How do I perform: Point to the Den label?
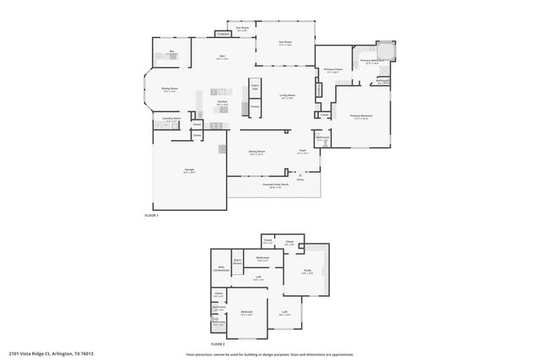tap(222, 58)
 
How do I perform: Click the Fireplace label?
tap(224, 35)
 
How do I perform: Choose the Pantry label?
tap(254, 106)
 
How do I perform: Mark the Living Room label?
tap(287, 96)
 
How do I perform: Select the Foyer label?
tap(302, 152)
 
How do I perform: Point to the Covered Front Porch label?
tap(274, 184)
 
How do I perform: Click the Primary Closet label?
tap(332, 70)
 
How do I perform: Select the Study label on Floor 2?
tap(307, 271)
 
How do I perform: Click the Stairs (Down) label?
tap(238, 261)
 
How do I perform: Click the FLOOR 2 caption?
tap(218, 344)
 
